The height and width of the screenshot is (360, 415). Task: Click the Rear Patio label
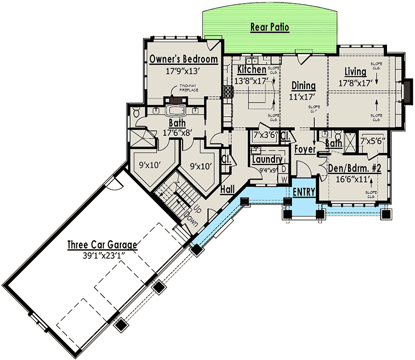269,26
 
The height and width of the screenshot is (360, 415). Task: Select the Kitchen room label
252,69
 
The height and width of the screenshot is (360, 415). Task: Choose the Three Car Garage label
102,244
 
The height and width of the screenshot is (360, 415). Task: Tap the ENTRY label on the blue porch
304,192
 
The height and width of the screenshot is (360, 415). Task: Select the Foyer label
306,149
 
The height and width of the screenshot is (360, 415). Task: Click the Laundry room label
267,160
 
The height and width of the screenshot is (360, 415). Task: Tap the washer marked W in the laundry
284,179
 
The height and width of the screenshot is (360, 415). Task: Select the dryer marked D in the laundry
284,169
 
